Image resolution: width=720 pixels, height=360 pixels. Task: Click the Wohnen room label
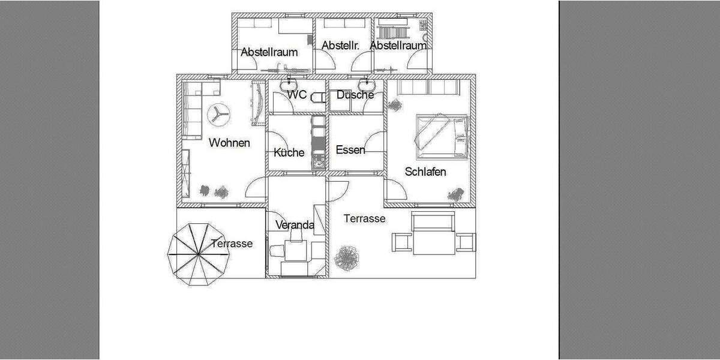tap(229, 143)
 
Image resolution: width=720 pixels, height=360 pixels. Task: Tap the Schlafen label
tap(425, 172)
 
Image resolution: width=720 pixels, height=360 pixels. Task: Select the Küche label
tap(289, 152)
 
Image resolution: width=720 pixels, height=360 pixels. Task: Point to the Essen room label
tap(350, 149)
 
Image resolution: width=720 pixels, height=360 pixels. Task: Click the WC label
tap(297, 95)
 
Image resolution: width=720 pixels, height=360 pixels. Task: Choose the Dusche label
tap(355, 95)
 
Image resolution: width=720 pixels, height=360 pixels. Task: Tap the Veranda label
tap(295, 225)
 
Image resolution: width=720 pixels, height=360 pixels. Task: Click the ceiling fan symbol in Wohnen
tap(218, 115)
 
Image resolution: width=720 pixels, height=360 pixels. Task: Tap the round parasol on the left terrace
tap(199, 253)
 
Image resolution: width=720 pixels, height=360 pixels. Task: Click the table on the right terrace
tap(433, 240)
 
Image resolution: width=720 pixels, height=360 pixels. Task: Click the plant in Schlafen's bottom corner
tap(455, 194)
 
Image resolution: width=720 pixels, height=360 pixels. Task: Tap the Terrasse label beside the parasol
tap(232, 244)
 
